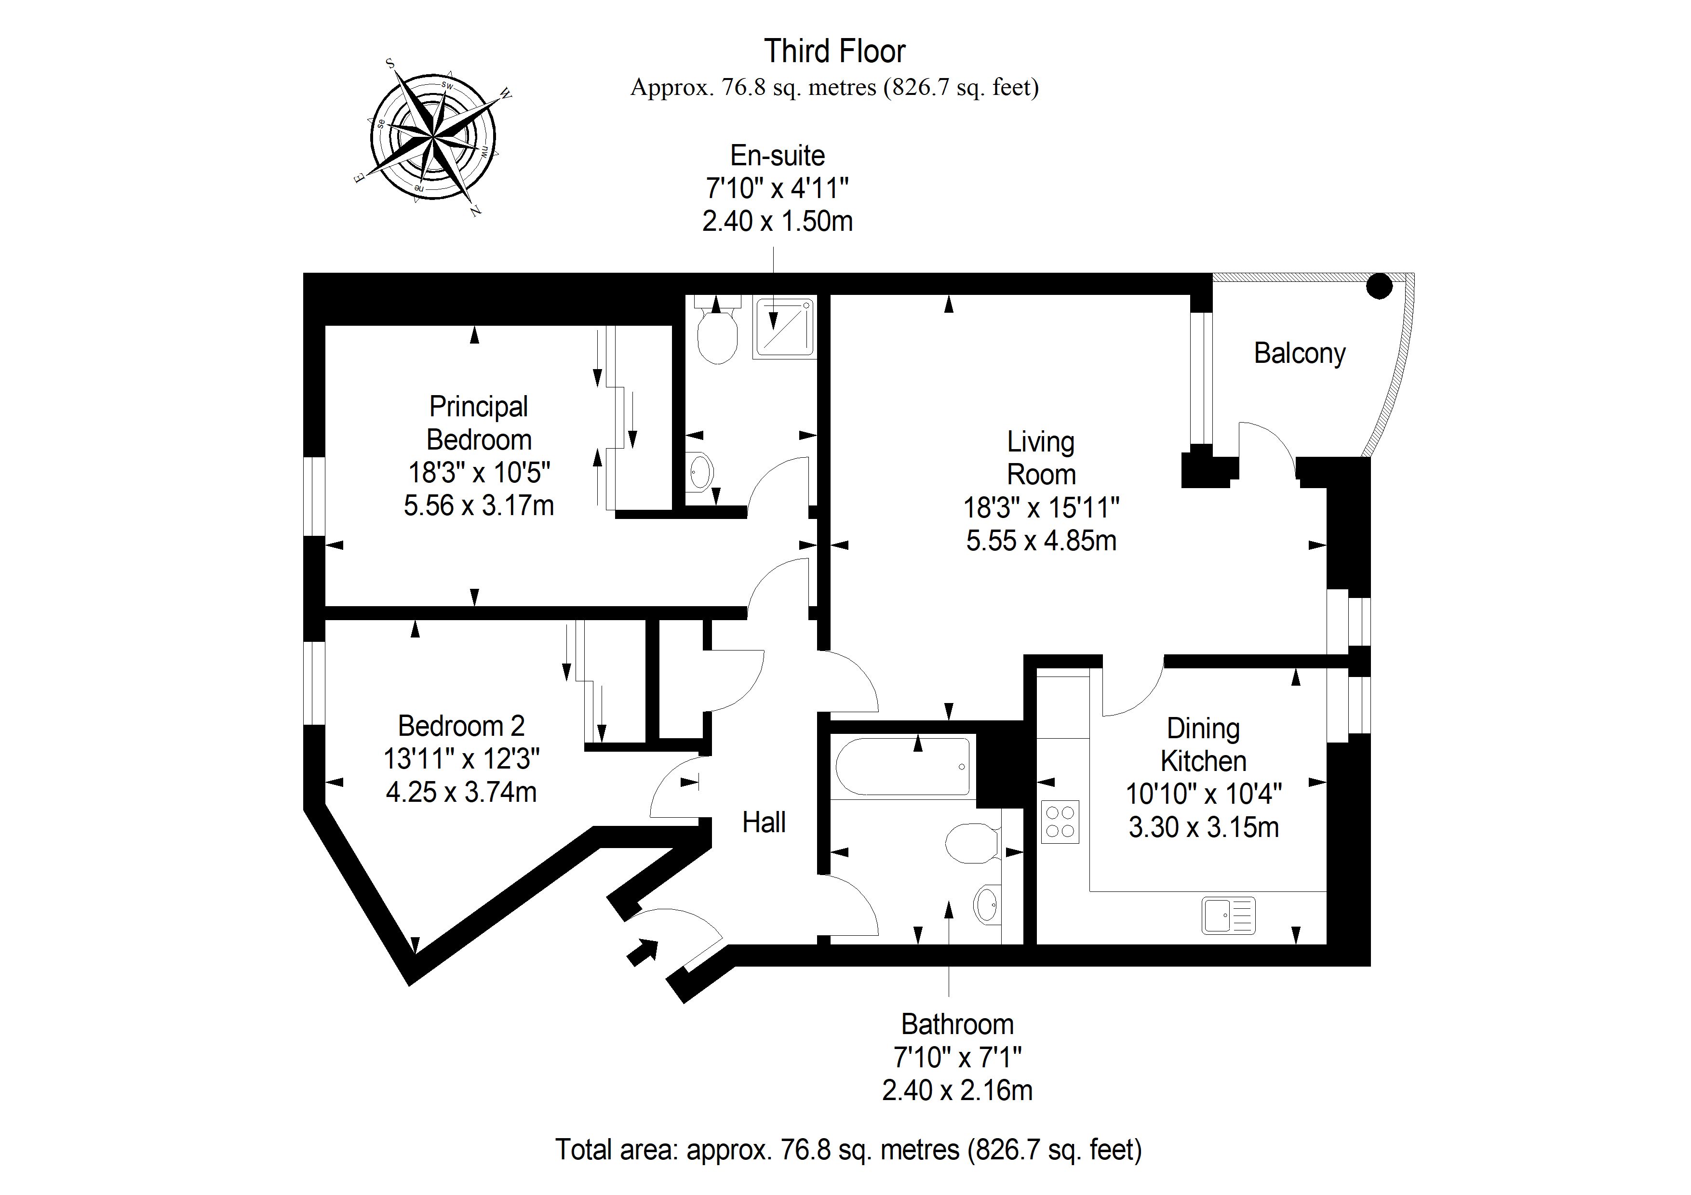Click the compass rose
433,137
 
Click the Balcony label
1300,353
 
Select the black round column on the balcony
1380,286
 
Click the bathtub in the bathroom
903,767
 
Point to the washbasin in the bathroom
987,904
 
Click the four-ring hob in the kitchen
1060,822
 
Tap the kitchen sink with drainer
1228,915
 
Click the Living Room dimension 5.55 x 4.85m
1041,541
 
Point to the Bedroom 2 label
461,726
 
